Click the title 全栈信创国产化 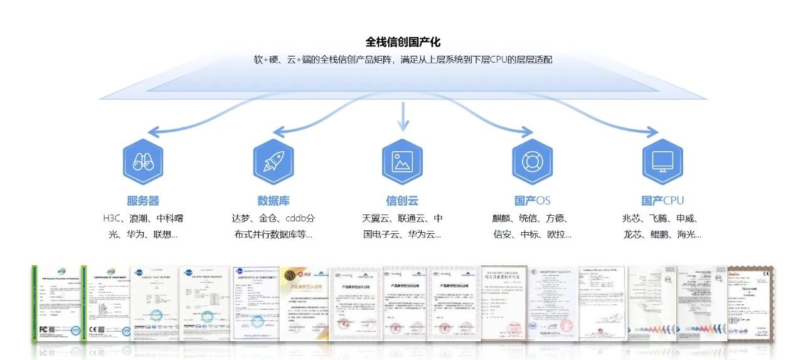point(403,42)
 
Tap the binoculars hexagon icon point(143,162)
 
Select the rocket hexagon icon point(273,162)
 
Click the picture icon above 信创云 point(402,162)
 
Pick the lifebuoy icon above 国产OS point(532,162)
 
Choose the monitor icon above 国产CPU point(662,162)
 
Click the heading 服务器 point(143,201)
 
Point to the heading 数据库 point(273,201)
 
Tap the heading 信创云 point(402,201)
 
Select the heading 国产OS point(532,201)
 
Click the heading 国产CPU point(662,201)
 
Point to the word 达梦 point(242,219)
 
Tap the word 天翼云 point(375,219)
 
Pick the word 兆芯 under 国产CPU point(632,219)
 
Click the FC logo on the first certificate point(44,328)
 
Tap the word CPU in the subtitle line point(501,60)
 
